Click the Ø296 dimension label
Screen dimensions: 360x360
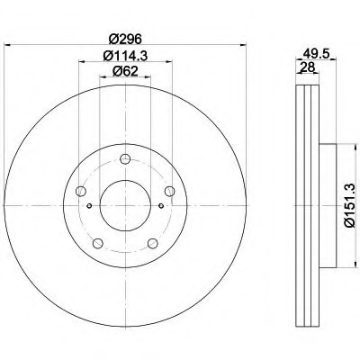(125, 39)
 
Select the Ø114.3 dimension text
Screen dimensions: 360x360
(125, 56)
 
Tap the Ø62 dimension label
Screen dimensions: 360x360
(125, 71)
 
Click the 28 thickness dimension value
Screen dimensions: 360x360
(308, 67)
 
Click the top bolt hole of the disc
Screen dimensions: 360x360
(125, 158)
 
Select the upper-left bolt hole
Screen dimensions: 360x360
(81, 191)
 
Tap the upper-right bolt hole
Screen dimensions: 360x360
(170, 191)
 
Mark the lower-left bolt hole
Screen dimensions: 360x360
(98, 243)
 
